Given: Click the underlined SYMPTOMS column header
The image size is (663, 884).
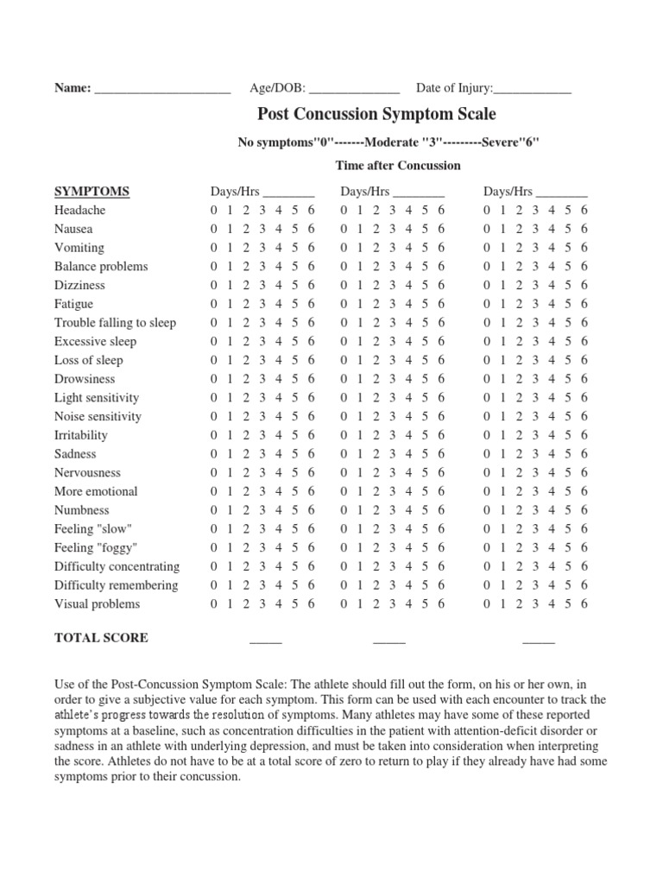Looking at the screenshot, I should (x=92, y=192).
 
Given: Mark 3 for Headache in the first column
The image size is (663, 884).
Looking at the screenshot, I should (x=262, y=211).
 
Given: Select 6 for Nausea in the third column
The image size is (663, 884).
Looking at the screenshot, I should (x=584, y=230).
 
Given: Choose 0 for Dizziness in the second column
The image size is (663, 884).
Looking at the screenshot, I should (x=344, y=286).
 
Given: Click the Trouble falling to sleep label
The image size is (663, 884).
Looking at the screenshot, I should (x=115, y=323).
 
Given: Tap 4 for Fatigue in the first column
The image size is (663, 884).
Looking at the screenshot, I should (x=279, y=305).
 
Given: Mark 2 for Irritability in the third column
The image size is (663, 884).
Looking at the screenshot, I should (x=520, y=435).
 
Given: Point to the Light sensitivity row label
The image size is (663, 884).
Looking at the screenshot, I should (x=97, y=398).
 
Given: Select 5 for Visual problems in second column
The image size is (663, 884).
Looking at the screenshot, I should (x=425, y=604).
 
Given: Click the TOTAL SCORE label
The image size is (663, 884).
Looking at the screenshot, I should (x=101, y=638).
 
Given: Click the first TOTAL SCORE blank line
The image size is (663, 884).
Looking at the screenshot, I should (x=266, y=641).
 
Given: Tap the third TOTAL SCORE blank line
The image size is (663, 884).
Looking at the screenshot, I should (x=539, y=641).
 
